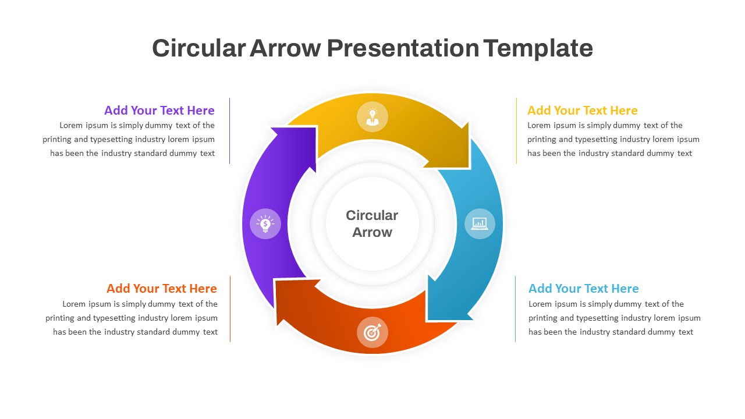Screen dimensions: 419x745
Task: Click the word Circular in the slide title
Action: (198, 48)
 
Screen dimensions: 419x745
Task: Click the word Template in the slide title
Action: (538, 48)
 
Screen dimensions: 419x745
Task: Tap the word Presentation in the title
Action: (403, 48)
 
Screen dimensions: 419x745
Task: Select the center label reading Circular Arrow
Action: (372, 223)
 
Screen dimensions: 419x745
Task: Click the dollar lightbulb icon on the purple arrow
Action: (265, 223)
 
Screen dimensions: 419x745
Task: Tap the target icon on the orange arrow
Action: (372, 332)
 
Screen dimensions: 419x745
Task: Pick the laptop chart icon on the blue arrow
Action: (480, 223)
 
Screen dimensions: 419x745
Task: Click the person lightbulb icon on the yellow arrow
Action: (372, 116)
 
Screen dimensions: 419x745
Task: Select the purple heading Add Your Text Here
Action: (159, 111)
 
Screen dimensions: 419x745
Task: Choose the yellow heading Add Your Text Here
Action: (582, 111)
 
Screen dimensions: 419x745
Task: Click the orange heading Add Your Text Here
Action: (161, 289)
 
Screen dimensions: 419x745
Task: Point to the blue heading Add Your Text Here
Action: (583, 289)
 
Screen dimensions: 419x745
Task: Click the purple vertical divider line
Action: (230, 131)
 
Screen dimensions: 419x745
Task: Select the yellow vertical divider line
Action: (516, 131)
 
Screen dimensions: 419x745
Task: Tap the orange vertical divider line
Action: (230, 309)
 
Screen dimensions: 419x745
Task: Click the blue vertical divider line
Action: (515, 309)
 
